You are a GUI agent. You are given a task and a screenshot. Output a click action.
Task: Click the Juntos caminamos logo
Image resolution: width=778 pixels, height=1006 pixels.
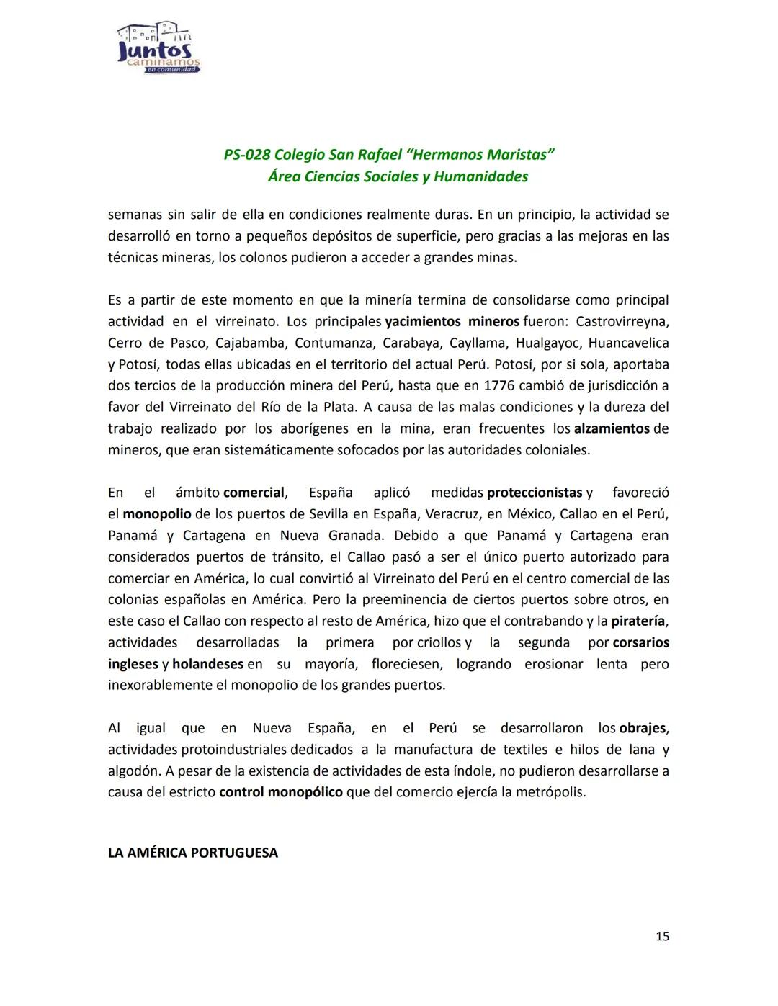click(x=158, y=48)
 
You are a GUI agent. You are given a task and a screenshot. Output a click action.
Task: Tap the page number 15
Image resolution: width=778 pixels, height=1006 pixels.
click(x=662, y=936)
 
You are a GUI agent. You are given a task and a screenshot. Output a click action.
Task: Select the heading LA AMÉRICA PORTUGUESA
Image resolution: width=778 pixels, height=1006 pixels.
click(x=192, y=853)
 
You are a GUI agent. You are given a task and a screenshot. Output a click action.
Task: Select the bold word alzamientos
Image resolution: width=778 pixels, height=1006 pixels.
click(x=612, y=428)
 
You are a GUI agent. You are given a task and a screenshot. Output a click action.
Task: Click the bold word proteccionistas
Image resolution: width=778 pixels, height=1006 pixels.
click(x=535, y=493)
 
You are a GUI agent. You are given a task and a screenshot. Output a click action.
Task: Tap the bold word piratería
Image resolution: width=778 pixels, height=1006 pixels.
click(x=640, y=621)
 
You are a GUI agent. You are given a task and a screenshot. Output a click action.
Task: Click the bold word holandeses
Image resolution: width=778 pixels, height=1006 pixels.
click(x=208, y=664)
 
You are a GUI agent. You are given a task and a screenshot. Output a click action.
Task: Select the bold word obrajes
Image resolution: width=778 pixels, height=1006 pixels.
click(x=643, y=728)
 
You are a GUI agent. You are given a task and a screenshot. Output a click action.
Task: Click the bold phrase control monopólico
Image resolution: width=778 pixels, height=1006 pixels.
click(x=281, y=792)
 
